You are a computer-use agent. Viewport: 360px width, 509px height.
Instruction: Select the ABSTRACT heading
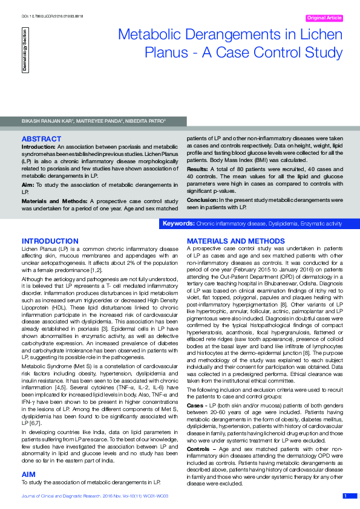pyautogui.click(x=41, y=139)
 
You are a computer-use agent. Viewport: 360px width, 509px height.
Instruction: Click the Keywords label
pyautogui.click(x=178, y=224)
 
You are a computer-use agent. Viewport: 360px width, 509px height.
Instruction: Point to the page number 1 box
pyautogui.click(x=345, y=496)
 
